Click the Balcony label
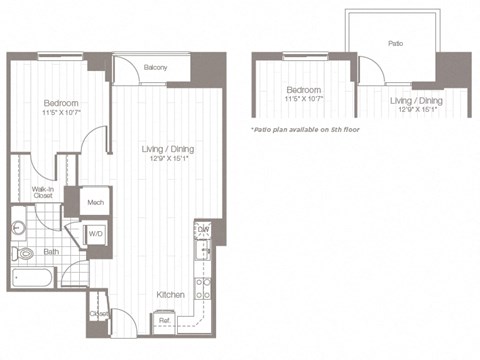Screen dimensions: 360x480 coord(154,68)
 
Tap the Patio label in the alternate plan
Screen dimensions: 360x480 coord(395,44)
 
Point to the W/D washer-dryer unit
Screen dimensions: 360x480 coord(96,235)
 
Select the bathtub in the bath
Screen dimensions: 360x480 coord(35,279)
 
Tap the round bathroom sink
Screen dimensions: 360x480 coord(18,227)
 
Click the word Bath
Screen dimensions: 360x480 coord(50,252)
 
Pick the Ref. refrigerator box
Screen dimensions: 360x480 coord(164,322)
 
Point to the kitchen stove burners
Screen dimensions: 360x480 coord(202,289)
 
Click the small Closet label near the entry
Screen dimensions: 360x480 coord(99,314)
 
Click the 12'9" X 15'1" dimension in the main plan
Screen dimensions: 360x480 coord(167,158)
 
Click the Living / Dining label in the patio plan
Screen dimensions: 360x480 coord(414,101)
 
